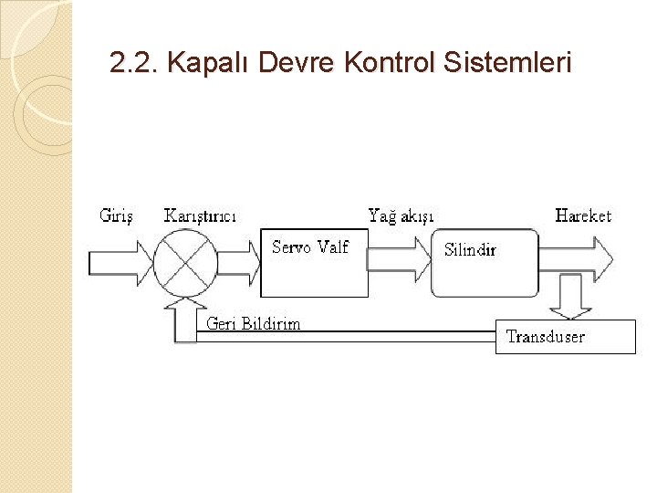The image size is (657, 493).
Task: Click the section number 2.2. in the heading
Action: pos(134,63)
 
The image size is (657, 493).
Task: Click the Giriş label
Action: pos(116,216)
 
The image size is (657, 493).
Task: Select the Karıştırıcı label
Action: pos(201,216)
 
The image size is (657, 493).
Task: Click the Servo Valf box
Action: pos(314,263)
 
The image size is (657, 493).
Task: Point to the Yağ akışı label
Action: pos(401,216)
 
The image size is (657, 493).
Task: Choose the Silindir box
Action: pos(485,263)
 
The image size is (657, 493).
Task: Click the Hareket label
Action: pos(583,216)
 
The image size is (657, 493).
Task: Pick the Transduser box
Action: pos(565,336)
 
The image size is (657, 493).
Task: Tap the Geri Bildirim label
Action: pos(254,324)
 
